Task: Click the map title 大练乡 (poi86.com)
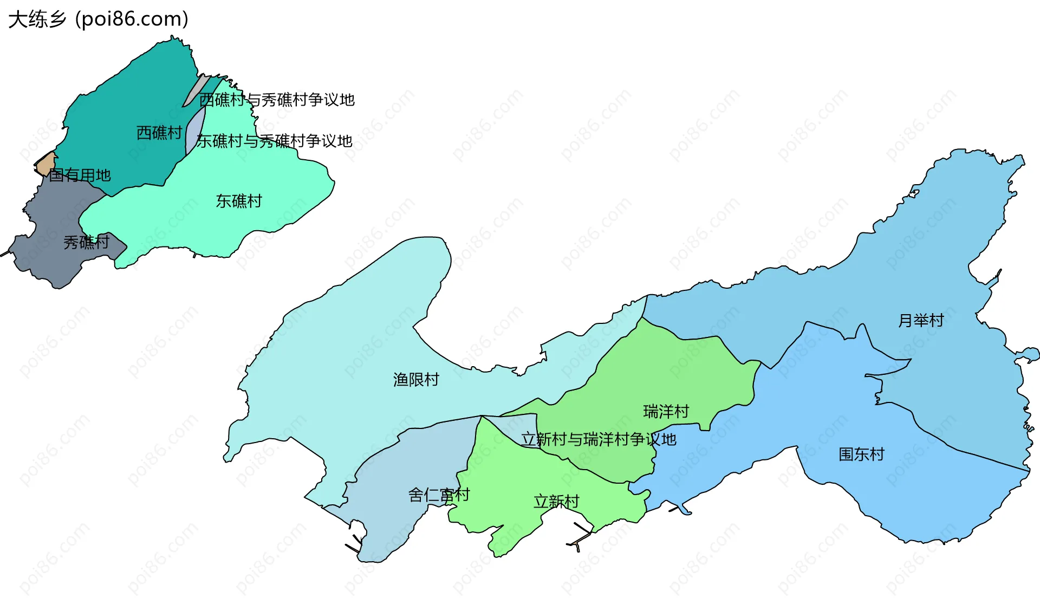(x=98, y=19)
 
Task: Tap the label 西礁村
(x=159, y=133)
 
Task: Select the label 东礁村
(x=239, y=201)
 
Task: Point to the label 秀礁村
(x=87, y=242)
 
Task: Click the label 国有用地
(x=80, y=175)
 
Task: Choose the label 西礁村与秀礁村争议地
(x=277, y=100)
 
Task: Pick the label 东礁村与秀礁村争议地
(x=275, y=141)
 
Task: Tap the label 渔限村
(x=416, y=380)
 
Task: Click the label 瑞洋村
(x=666, y=412)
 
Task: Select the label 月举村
(x=921, y=321)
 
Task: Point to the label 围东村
(x=861, y=454)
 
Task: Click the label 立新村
(x=556, y=502)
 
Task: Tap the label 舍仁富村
(x=439, y=495)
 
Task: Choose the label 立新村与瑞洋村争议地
(x=599, y=439)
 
